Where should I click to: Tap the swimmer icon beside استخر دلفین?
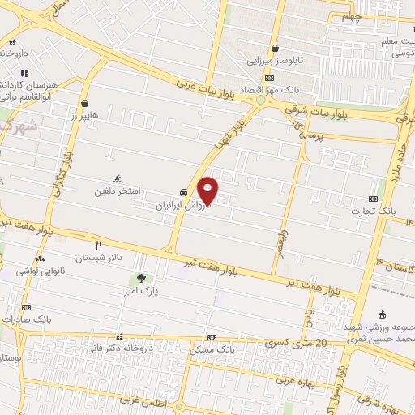click(118, 179)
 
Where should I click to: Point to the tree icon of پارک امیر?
click(143, 278)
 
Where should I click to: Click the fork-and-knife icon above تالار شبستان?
click(99, 244)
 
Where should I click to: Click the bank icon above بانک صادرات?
click(26, 308)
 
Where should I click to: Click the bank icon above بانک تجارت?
click(373, 199)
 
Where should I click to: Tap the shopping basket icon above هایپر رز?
click(85, 103)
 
